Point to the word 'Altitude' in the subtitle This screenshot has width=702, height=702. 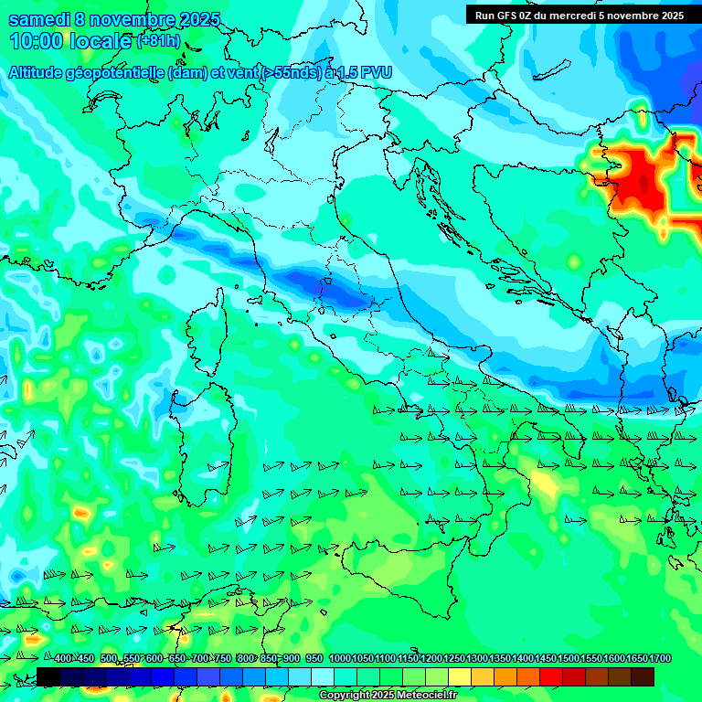point(41,73)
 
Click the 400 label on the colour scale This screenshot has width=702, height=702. point(63,659)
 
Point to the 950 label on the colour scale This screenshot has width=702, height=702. point(314,659)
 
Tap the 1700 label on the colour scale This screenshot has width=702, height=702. point(659,659)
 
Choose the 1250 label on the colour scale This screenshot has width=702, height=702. point(454,659)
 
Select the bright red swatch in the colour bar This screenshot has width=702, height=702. point(551,676)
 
